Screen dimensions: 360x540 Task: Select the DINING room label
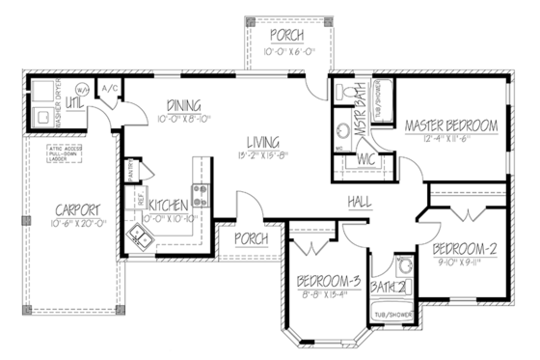coord(182,105)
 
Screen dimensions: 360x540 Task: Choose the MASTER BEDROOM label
coord(450,125)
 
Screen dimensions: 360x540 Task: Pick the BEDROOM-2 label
coord(464,247)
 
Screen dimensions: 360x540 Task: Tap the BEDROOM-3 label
coord(329,282)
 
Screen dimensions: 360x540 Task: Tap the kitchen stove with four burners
coord(201,197)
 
